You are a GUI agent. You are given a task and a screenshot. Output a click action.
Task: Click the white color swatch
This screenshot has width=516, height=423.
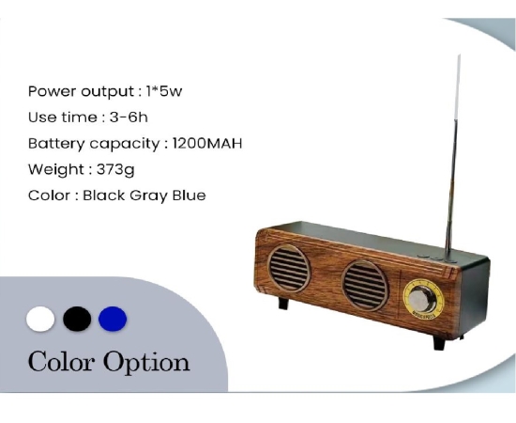tap(40, 319)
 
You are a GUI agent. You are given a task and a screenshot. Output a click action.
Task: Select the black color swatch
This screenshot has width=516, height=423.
tap(77, 319)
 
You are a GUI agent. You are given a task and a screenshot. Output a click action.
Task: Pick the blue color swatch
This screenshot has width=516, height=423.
tap(113, 319)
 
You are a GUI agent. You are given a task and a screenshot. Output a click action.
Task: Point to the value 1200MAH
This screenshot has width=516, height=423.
tap(207, 144)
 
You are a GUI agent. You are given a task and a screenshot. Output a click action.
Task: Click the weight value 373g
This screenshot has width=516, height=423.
tap(115, 170)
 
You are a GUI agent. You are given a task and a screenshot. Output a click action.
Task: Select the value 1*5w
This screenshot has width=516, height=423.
tap(164, 91)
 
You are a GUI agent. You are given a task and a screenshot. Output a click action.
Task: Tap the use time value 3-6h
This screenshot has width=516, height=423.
tap(129, 117)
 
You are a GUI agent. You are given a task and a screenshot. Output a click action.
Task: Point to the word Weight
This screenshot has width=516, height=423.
tap(56, 170)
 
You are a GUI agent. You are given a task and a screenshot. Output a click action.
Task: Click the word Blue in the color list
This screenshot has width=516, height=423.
tap(190, 196)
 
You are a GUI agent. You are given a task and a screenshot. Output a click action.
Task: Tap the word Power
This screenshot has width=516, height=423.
tap(53, 91)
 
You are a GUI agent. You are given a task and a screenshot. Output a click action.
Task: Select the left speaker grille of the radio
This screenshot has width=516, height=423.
tap(289, 269)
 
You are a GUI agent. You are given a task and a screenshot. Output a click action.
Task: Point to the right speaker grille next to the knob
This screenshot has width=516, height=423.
tap(365, 286)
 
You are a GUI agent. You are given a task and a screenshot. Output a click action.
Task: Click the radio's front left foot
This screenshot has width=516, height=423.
tap(283, 303)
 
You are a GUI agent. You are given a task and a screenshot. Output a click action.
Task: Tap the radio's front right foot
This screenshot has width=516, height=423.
tap(439, 343)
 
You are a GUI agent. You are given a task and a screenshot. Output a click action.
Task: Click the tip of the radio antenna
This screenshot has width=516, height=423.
tap(460, 55)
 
